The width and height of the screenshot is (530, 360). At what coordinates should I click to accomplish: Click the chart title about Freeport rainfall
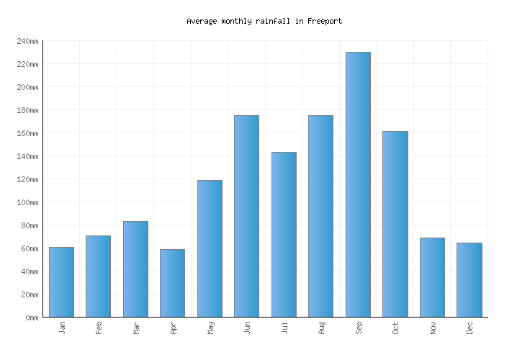click(264, 22)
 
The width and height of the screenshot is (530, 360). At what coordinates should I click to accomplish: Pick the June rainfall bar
click(246, 216)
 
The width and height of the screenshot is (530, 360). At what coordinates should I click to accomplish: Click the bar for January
click(61, 282)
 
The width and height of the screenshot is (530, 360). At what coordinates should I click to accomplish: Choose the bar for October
click(395, 224)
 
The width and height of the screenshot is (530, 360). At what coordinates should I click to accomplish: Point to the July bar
click(284, 234)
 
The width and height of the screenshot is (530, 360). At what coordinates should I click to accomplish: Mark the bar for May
click(210, 248)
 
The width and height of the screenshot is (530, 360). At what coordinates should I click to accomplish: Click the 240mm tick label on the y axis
click(27, 41)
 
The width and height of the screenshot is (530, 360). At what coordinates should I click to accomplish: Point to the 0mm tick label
click(31, 318)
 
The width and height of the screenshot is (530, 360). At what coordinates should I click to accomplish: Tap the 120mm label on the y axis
click(27, 179)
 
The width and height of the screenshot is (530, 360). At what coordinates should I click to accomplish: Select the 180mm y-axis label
click(27, 110)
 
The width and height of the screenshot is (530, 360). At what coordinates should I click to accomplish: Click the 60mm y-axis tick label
click(29, 248)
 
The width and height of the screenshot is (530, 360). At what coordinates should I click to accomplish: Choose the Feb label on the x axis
click(99, 328)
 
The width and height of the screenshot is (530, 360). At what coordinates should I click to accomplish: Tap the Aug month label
click(321, 328)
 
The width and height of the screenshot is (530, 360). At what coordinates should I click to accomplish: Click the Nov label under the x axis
click(433, 328)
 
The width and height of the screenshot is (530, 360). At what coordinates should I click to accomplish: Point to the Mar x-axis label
click(136, 328)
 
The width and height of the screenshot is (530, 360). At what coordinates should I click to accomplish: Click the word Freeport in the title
click(324, 22)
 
